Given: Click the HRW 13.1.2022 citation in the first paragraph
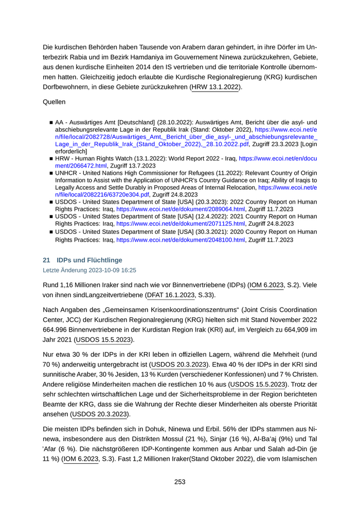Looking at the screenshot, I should click(215, 87).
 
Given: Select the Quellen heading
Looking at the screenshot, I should click(55, 102).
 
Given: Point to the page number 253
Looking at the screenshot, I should click(179, 482).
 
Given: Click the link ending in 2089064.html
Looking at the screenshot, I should click(181, 209).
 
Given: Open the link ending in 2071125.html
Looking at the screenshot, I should click(181, 224).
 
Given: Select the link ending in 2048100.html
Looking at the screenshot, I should click(181, 240).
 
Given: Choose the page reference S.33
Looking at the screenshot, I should click(207, 295).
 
